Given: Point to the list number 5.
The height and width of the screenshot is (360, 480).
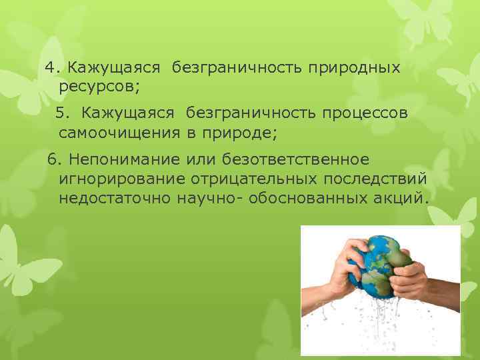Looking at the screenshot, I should pos(63,114).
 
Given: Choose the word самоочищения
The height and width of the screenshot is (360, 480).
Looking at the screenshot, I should pos(119,133).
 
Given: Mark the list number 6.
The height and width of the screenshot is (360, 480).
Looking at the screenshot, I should pos(53,161).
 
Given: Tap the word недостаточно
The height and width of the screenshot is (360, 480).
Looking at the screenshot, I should pos(114,198).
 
